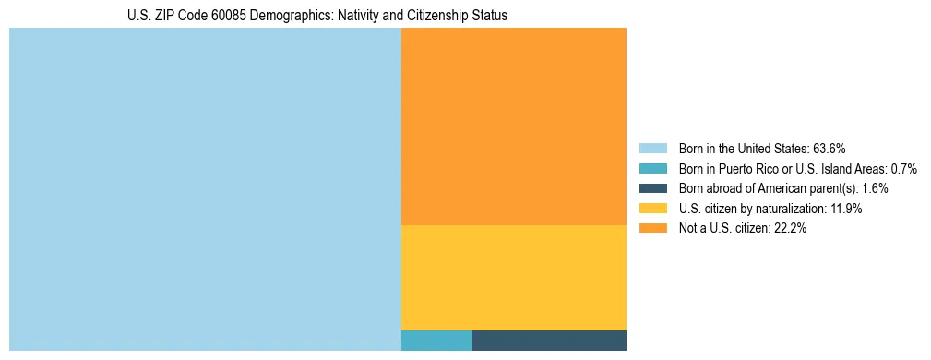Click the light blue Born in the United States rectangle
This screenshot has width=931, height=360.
pos(205,189)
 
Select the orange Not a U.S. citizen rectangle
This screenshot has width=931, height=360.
pos(514,126)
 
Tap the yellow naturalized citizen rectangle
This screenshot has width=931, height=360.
pos(514,278)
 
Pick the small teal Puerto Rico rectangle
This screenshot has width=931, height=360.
pos(436,341)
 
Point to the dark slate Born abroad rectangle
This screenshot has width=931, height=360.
pos(549,341)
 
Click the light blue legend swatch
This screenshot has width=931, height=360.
pos(652,148)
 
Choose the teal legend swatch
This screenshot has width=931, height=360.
pos(652,168)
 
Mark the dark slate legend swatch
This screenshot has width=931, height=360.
pos(652,188)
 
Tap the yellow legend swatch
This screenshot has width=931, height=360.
pos(652,209)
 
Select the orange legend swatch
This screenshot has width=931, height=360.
pos(652,229)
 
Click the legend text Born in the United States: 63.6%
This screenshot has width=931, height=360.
pos(762,148)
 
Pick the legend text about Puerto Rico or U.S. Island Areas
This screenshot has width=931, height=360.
pos(797,168)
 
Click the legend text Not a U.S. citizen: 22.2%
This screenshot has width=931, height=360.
pos(742,229)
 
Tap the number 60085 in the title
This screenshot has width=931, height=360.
pos(205,16)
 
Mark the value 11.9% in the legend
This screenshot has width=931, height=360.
pos(846,209)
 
